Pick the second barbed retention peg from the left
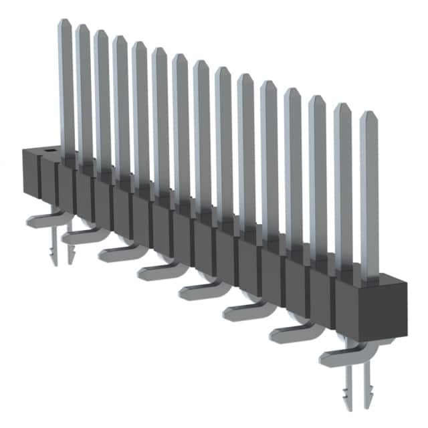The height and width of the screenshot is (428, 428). pyautogui.click(x=70, y=252)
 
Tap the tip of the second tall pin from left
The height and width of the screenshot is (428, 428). pyautogui.click(x=83, y=28)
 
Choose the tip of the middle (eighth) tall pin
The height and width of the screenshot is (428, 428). pyautogui.click(x=201, y=64)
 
